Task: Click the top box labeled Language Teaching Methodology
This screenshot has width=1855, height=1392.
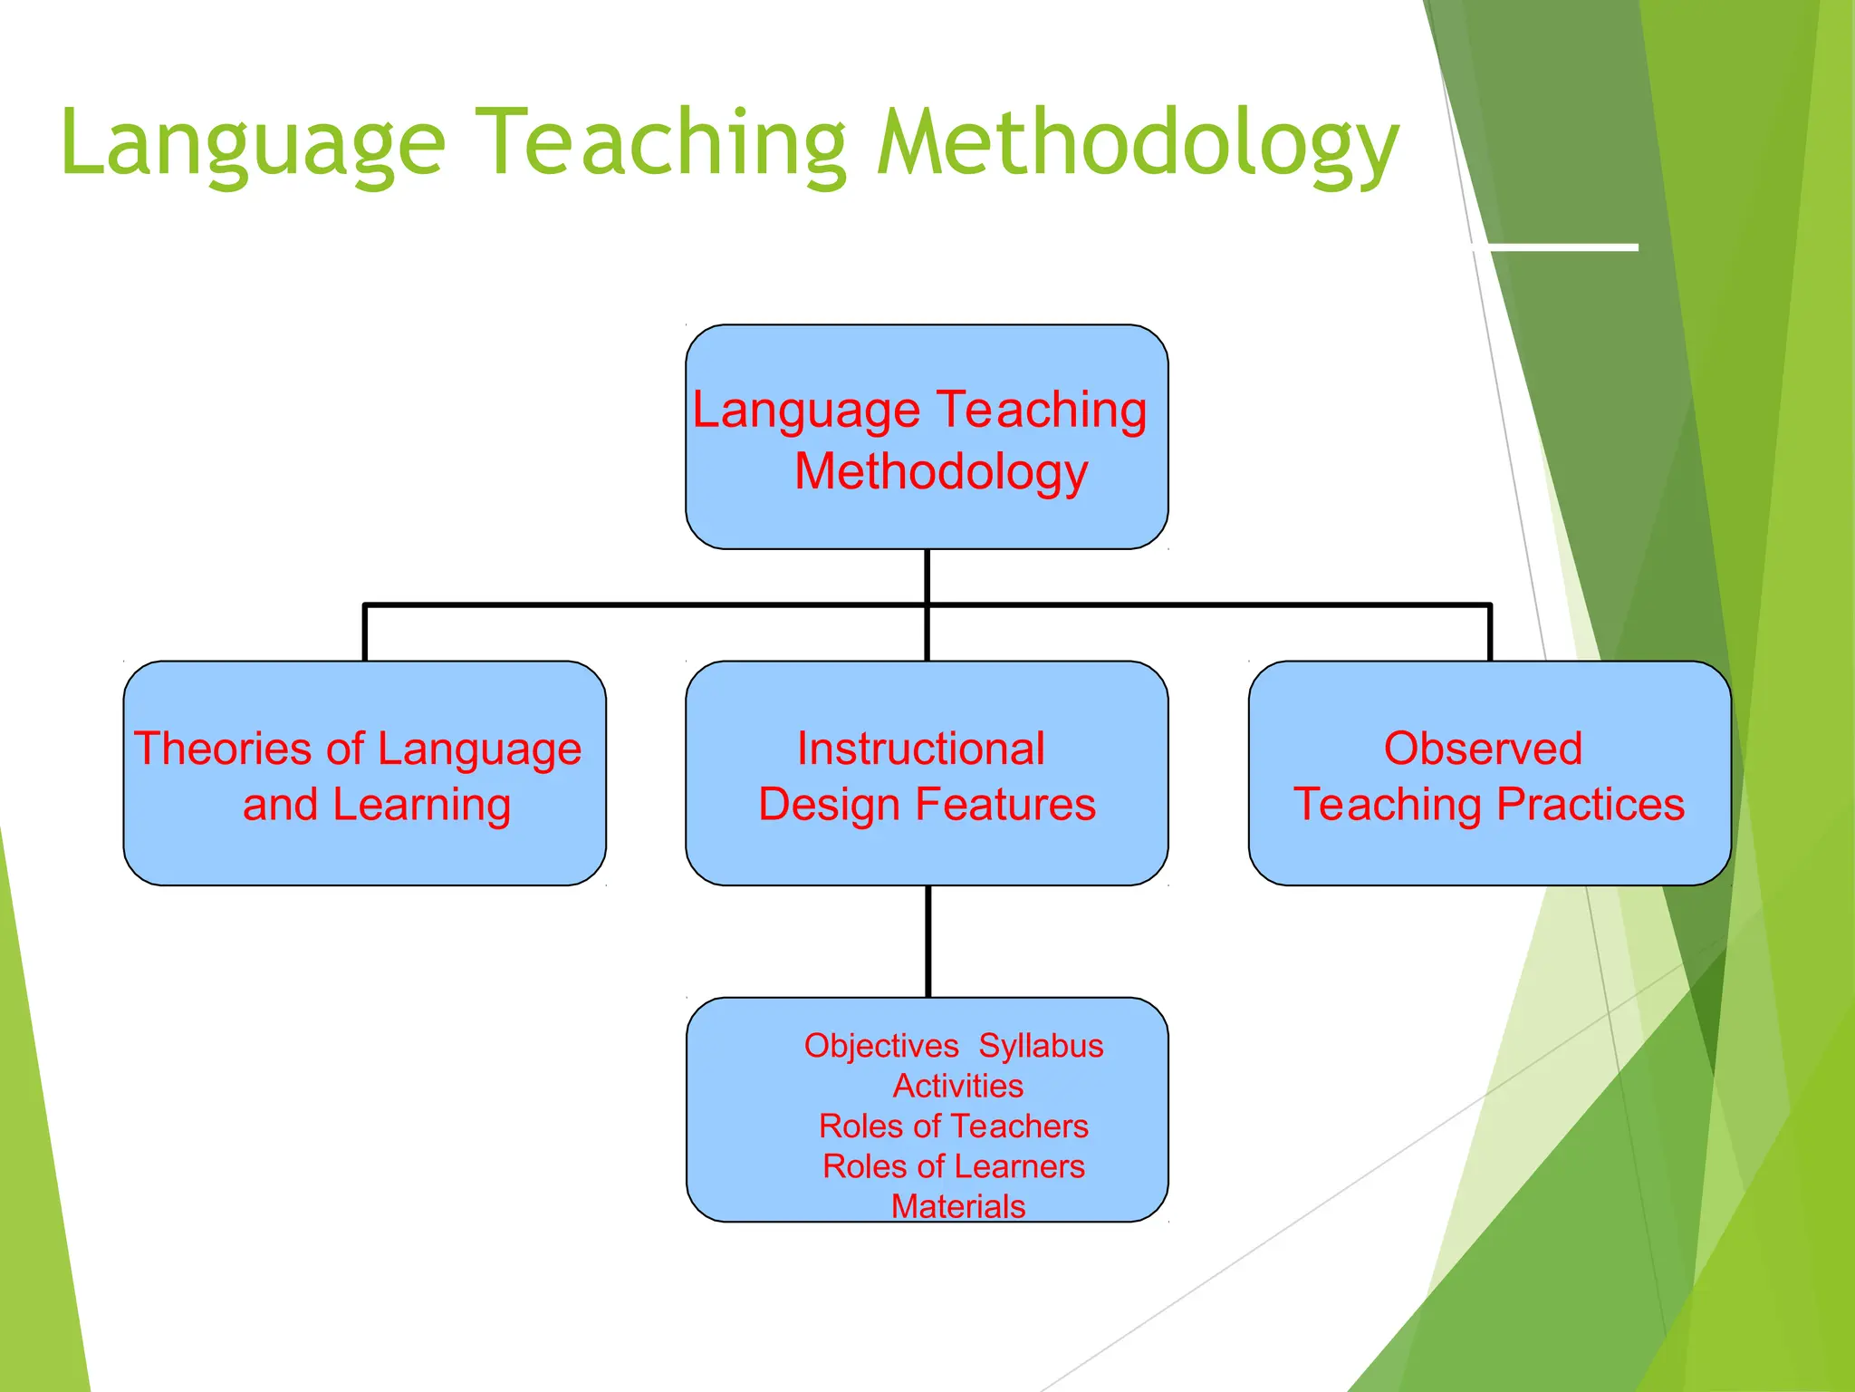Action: [x=927, y=437]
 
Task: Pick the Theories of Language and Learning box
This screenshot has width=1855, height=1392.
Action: [x=364, y=773]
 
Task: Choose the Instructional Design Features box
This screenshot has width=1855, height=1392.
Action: [x=927, y=773]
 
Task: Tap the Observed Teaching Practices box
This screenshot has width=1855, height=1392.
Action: [x=1489, y=773]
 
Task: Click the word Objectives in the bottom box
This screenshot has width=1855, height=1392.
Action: [x=881, y=1046]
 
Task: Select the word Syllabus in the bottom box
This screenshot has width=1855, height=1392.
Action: [x=1041, y=1046]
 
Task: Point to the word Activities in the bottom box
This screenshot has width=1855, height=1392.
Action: [x=958, y=1086]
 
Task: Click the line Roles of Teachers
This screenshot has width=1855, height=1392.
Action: [x=953, y=1126]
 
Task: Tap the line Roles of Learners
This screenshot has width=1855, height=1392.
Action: [x=953, y=1166]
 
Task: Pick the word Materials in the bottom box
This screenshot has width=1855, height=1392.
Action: [x=958, y=1206]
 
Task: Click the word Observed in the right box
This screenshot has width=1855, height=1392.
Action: [x=1483, y=749]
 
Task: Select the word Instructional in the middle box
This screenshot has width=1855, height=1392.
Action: [x=921, y=749]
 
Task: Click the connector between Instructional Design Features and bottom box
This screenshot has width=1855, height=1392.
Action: [x=927, y=941]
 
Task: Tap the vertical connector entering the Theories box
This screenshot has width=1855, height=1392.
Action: [x=364, y=633]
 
